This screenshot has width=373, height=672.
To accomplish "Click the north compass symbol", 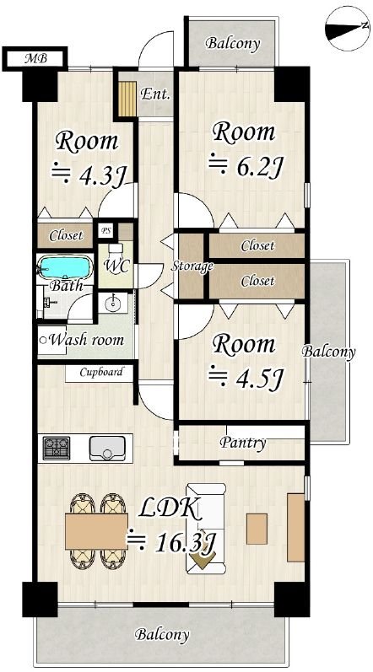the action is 348,30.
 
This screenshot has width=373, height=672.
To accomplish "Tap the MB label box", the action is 35,58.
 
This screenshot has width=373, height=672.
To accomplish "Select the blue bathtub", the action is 65,267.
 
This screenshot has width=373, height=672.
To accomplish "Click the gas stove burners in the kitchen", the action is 57,448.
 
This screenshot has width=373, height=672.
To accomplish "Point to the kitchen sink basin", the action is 107,448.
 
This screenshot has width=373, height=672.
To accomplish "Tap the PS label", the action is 105,230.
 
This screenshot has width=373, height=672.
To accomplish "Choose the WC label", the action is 116,266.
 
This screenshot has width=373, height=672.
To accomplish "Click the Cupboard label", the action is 101,372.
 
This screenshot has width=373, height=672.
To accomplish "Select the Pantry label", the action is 243,443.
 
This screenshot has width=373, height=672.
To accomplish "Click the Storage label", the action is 192,267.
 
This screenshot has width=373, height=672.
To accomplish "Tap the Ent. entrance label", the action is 155,94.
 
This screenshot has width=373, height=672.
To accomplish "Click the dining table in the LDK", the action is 96,531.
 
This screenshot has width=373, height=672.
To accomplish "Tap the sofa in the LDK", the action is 206,529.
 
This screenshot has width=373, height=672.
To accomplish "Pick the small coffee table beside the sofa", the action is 257,529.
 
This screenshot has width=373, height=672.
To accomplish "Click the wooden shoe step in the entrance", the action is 127,98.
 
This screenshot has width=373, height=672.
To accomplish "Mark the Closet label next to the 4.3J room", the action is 66,235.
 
